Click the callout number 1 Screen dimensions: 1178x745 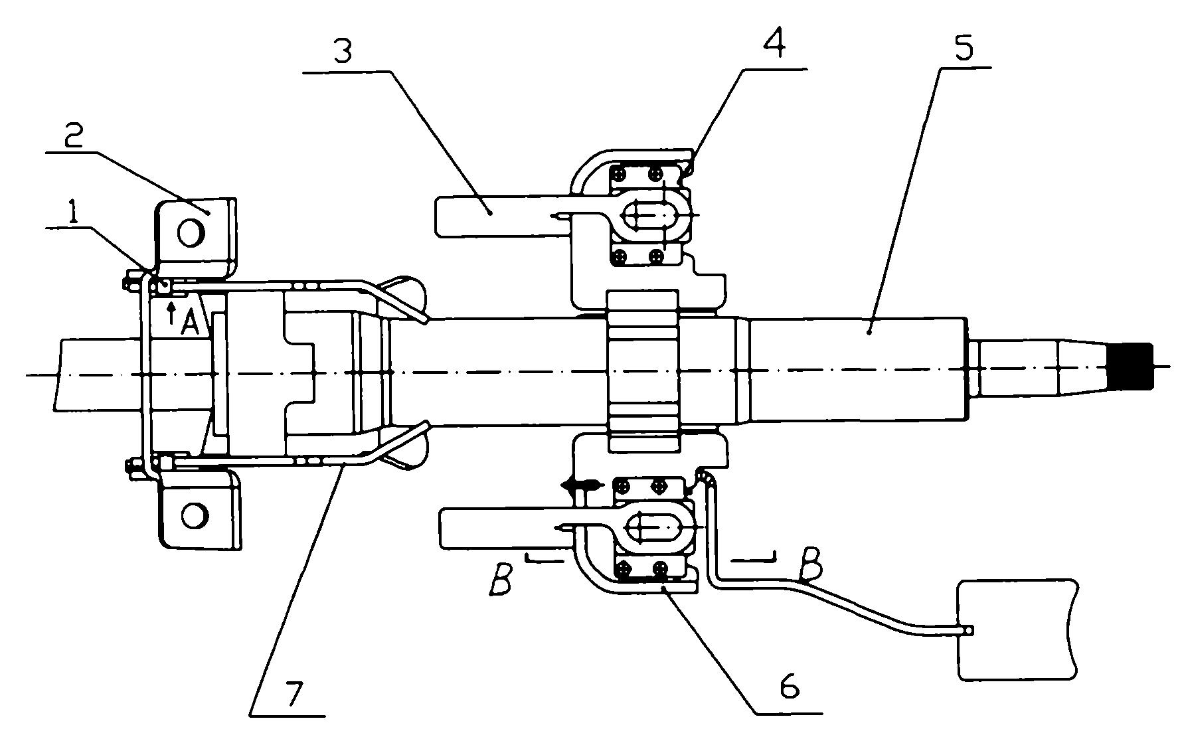coord(73,213)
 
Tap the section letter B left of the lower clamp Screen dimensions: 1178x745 coord(502,578)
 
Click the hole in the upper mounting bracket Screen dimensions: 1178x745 coord(191,232)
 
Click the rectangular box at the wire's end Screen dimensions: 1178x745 coord(1015,628)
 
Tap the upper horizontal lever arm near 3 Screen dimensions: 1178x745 coord(502,216)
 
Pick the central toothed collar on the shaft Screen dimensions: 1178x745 coord(643,371)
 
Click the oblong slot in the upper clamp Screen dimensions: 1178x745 coord(650,214)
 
